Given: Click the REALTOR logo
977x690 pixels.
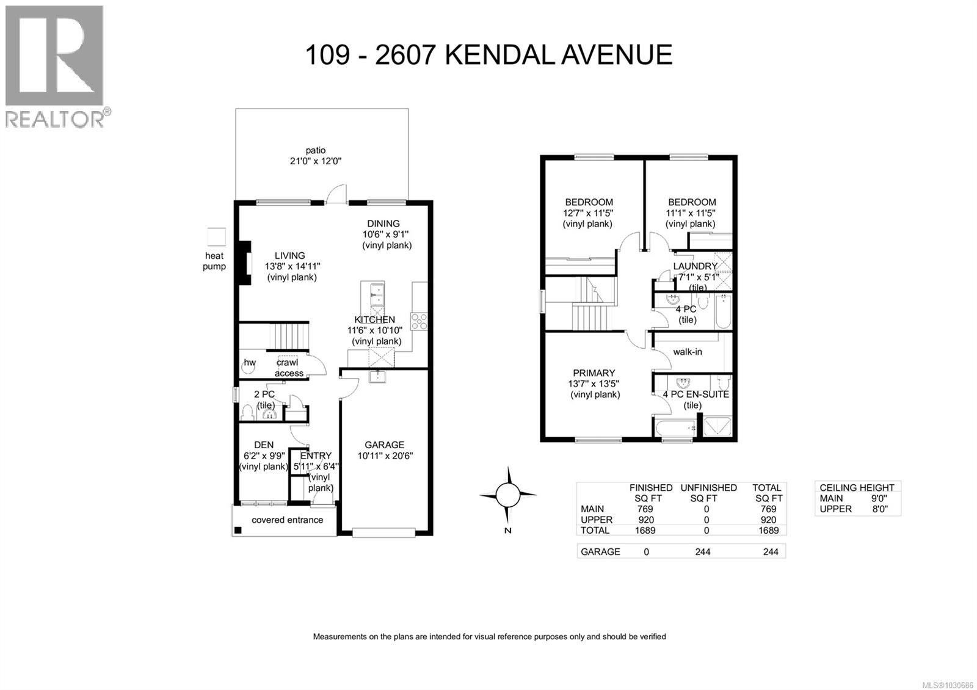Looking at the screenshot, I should pos(54,65).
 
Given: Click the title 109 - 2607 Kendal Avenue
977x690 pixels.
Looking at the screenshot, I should pos(488,55).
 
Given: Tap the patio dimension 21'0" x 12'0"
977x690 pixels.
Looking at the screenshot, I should pos(316,161).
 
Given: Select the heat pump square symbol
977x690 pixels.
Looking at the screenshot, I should pos(216,236).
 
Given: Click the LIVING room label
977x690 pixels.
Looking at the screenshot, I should pos(289,256).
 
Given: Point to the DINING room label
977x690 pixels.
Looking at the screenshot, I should pos(383,223).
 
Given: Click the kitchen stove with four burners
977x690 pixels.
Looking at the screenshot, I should pos(419,321).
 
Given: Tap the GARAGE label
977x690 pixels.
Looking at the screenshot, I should pos(385,445).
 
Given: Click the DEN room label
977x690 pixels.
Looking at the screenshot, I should pos(263,445).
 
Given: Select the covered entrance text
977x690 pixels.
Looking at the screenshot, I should pos(288,520).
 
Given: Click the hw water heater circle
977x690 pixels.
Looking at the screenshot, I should pos(250,363).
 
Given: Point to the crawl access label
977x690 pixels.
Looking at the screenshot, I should pos(288,368).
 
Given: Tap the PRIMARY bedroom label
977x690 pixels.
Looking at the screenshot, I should pos(594,373).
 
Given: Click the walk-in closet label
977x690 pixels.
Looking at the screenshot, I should pos(687,352).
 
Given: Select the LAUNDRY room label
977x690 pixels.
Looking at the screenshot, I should pos(695,266).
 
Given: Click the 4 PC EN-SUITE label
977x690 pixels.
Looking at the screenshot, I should pos(696,394).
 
